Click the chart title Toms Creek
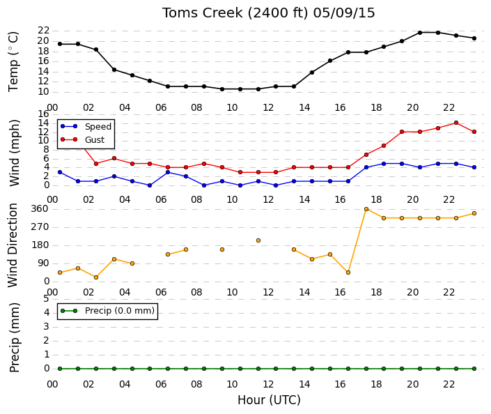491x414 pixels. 202,13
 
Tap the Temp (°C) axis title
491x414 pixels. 14,62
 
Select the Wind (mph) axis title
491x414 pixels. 15,153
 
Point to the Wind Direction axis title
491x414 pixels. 13,245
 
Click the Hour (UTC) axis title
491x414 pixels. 269,400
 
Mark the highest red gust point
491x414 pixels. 456,123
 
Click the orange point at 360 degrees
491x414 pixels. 366,209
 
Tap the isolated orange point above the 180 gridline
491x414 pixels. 258,240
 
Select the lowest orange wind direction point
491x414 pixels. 96,277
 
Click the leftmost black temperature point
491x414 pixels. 60,44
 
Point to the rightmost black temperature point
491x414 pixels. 474,38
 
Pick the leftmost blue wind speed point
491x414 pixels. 60,172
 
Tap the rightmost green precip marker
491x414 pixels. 474,369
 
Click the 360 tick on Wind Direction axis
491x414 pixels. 40,209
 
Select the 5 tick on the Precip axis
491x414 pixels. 47,299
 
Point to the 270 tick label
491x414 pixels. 40,227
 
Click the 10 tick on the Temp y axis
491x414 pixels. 43,92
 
